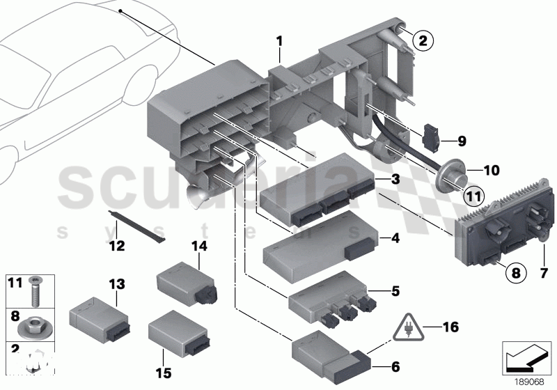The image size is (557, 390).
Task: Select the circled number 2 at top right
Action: (x=421, y=40)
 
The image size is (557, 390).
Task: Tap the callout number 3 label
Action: (x=395, y=180)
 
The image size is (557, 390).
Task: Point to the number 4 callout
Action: (x=395, y=238)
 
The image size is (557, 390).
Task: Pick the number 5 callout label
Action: (x=395, y=290)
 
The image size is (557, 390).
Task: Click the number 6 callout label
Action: (x=395, y=364)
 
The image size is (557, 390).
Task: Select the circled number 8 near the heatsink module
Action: (x=515, y=274)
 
